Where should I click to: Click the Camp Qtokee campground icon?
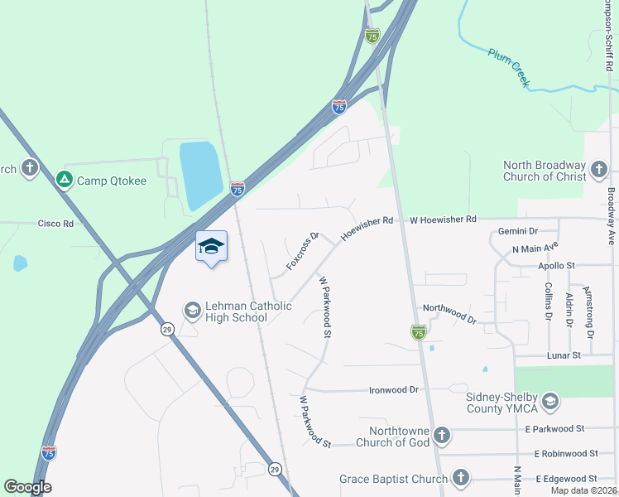[64, 179]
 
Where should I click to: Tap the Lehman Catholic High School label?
[238, 311]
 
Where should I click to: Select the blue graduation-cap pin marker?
[211, 246]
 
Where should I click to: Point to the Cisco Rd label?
[55, 224]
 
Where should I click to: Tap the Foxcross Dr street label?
[302, 250]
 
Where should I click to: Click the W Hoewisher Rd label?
[444, 220]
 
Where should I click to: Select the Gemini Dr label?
[518, 231]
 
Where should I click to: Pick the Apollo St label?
[555, 265]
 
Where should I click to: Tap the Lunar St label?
[565, 355]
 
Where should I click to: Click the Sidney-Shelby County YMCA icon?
[549, 403]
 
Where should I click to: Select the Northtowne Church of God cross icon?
[442, 435]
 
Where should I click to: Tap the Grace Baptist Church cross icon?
[460, 478]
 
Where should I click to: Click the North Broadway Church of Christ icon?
[598, 170]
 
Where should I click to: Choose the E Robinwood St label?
[566, 453]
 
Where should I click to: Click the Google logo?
[27, 487]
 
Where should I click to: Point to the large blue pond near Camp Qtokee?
[199, 173]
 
